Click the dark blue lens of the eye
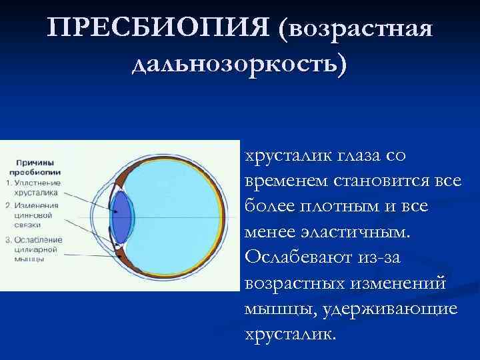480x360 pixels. pos(121,217)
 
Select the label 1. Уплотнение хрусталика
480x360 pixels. pos(33,187)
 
